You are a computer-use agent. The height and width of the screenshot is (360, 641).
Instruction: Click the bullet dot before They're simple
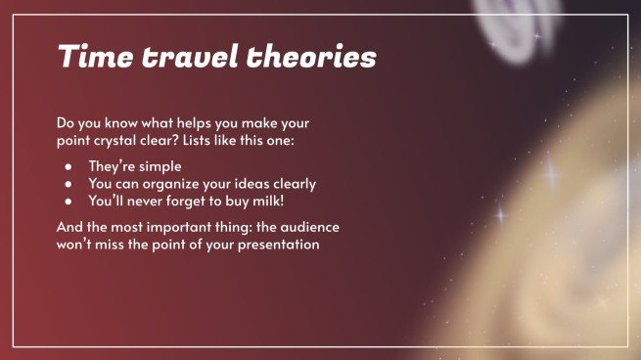(x=69, y=167)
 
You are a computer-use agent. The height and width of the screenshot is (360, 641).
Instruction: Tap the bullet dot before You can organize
(x=69, y=184)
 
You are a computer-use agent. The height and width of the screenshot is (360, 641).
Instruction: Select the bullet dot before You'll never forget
(x=69, y=201)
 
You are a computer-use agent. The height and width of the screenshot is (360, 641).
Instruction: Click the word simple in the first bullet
(x=160, y=167)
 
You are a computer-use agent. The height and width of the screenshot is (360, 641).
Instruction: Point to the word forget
(x=180, y=201)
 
